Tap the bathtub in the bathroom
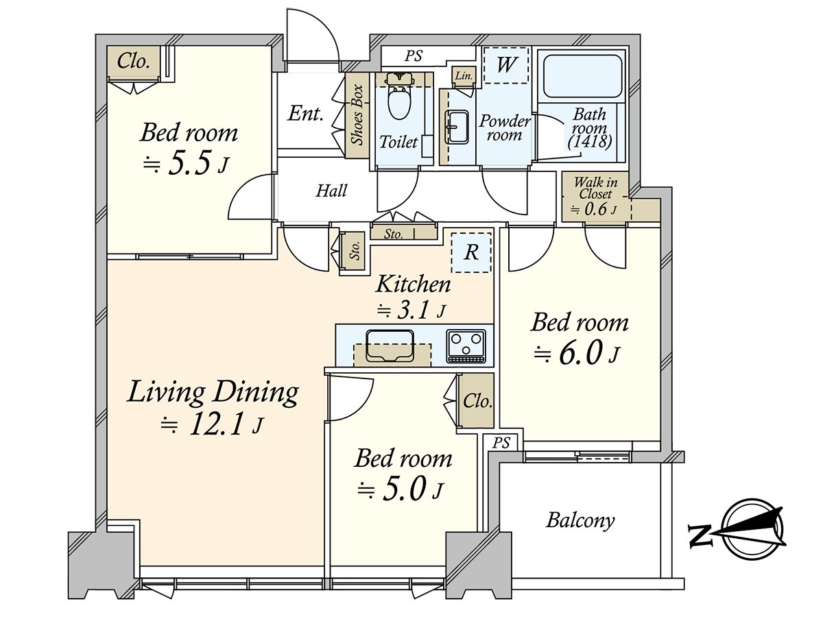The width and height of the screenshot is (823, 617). click(582, 77)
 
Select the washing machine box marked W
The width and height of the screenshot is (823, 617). click(505, 65)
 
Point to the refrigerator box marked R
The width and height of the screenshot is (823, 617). click(471, 252)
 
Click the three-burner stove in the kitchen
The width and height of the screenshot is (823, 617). click(466, 346)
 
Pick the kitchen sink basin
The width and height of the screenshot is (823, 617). click(390, 346)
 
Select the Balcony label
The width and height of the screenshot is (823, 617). click(580, 521)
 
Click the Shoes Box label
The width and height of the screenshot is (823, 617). click(358, 115)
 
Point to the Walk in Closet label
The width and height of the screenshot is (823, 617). click(596, 188)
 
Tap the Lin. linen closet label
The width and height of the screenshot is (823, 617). click(464, 76)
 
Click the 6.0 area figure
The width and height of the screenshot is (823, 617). click(581, 352)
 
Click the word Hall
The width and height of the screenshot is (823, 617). click(331, 191)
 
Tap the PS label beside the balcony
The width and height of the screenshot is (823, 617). click(501, 443)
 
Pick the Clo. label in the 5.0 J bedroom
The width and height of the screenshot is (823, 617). click(477, 401)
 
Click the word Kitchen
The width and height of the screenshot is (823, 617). click(413, 285)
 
